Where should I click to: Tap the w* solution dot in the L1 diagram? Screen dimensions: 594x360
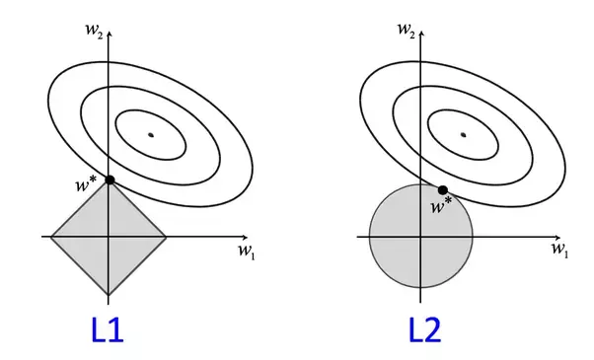tap(109, 179)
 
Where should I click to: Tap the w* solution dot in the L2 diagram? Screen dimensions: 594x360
tap(443, 189)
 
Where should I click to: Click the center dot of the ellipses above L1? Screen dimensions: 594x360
tap(151, 134)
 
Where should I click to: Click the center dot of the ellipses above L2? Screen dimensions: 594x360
tap(463, 134)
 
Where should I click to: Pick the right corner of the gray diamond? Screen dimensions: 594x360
tap(166, 237)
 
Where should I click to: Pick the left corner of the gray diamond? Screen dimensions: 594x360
tap(50, 237)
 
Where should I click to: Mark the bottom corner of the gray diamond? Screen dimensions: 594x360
tap(109, 295)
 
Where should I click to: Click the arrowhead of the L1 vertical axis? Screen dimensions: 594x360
tap(109, 34)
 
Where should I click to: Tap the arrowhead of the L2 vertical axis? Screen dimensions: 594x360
tap(421, 34)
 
